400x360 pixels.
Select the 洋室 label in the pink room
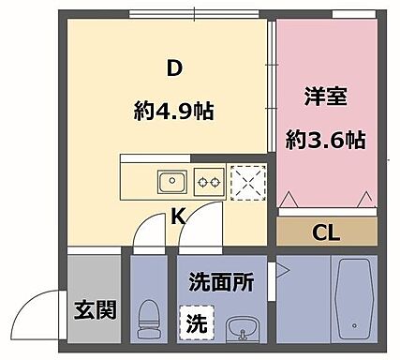pos(324,97)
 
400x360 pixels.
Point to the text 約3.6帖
pos(325,142)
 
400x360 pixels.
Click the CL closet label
pos(325,232)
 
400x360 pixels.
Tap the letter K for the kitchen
pos(177,218)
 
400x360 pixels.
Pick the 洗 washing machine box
pos(195,324)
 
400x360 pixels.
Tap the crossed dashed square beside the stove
pos(246,182)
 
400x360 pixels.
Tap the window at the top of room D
pos(197,14)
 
